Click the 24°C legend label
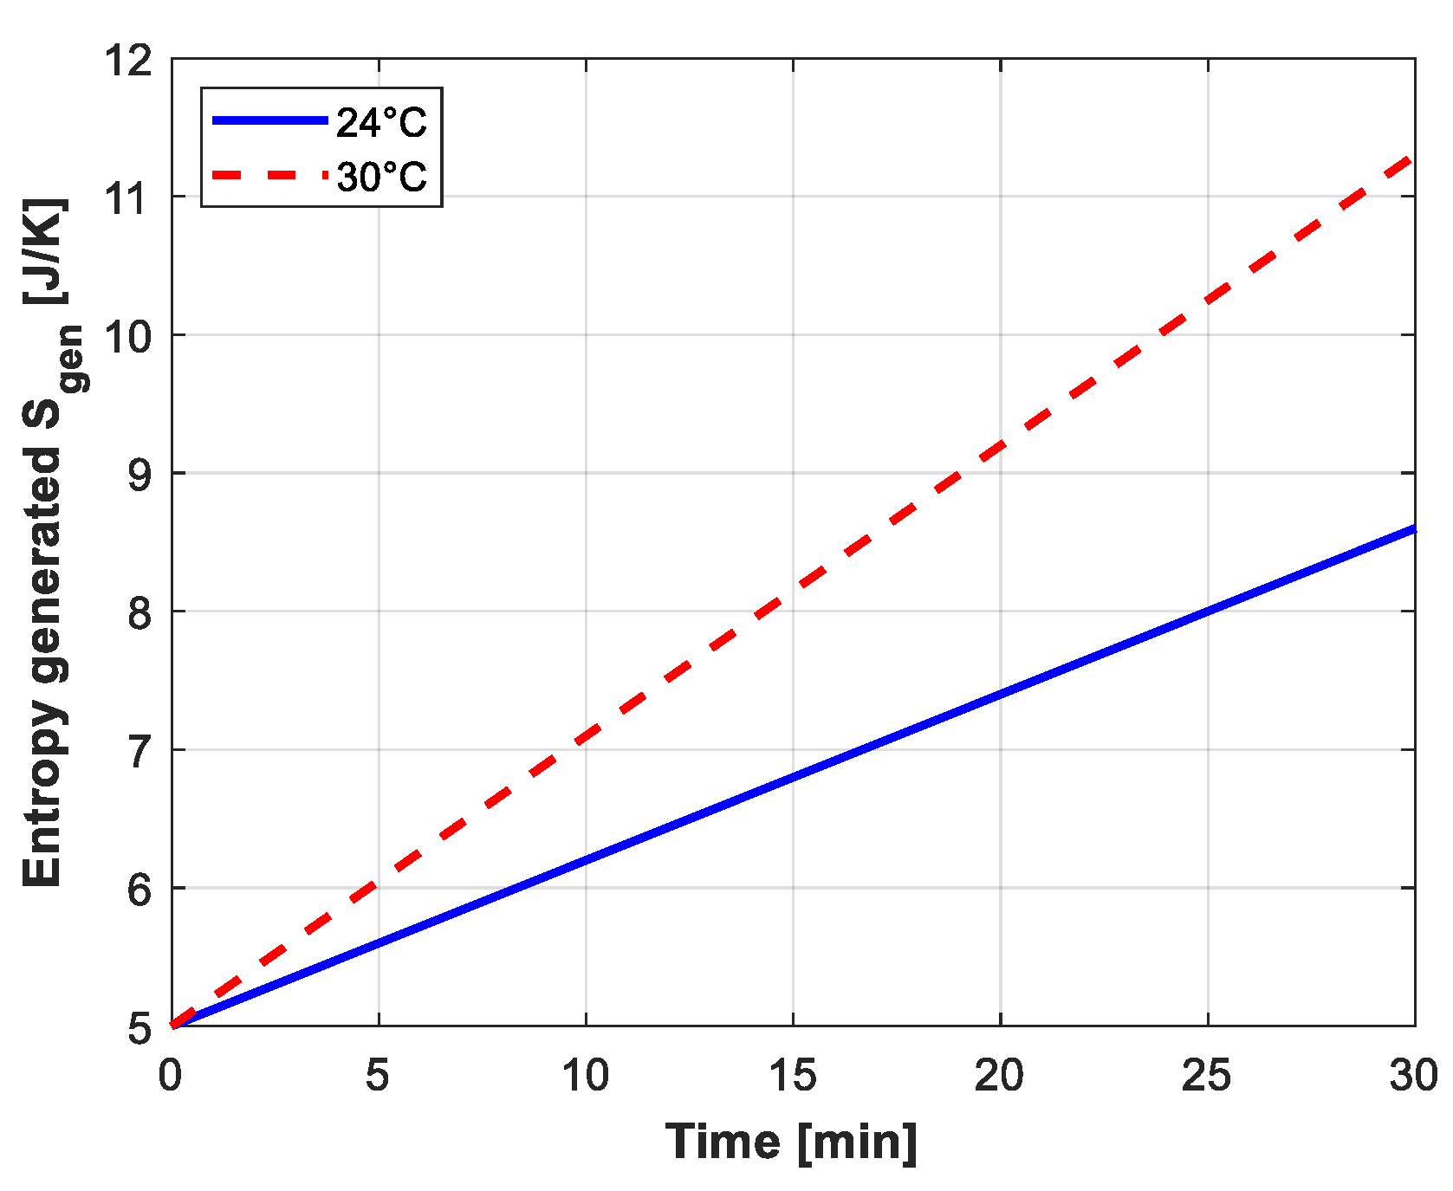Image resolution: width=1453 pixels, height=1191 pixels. [x=381, y=122]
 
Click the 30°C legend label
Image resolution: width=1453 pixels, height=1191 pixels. [x=381, y=177]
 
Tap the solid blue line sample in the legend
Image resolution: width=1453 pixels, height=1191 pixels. [x=269, y=120]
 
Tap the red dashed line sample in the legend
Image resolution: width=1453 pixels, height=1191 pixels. [x=269, y=175]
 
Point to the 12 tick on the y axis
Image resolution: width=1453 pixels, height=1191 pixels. [x=128, y=61]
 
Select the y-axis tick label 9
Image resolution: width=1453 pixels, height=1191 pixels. [x=139, y=474]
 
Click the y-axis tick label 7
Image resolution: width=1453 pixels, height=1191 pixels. [x=139, y=751]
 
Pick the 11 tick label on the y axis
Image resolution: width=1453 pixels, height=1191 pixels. [x=128, y=198]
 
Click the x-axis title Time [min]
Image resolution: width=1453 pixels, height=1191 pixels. [x=791, y=1142]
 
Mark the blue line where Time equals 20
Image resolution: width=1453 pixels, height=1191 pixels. [x=1000, y=694]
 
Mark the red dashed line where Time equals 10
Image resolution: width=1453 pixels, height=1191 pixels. [x=586, y=738]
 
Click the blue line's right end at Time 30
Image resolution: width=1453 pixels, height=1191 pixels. [x=1412, y=528]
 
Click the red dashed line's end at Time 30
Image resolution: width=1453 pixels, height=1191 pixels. [x=1411, y=159]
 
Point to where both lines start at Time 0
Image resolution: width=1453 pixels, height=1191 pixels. [x=173, y=1026]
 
